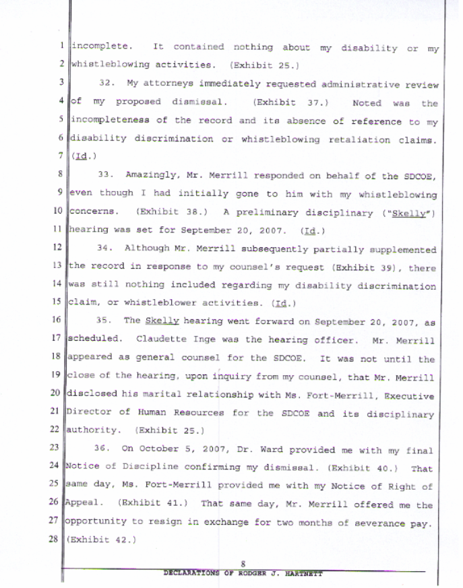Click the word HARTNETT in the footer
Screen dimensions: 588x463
click(x=303, y=574)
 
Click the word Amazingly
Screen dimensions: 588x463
click(x=151, y=176)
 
